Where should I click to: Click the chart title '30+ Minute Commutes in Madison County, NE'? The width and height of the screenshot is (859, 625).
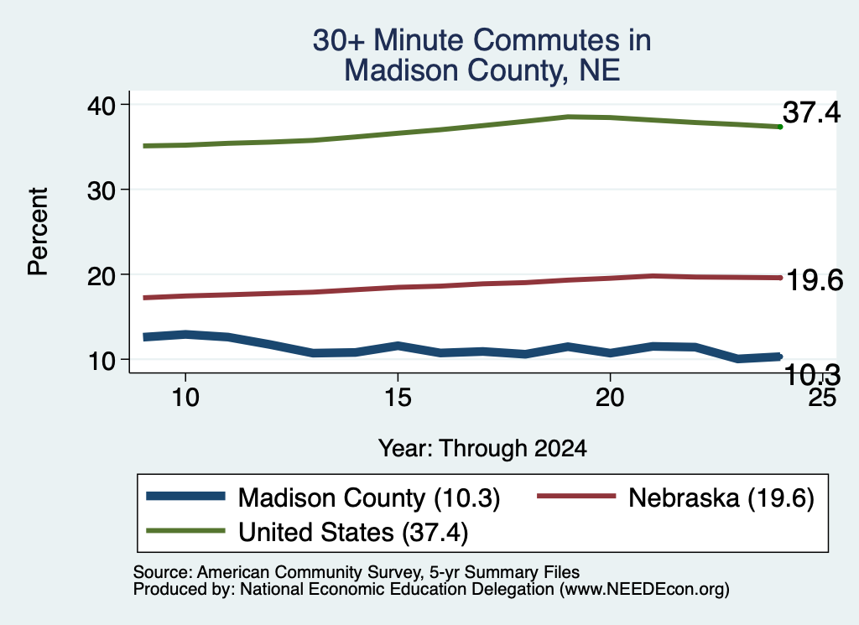point(482,55)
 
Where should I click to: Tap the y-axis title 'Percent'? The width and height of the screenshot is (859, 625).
point(38,232)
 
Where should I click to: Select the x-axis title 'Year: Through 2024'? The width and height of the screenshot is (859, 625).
point(482,449)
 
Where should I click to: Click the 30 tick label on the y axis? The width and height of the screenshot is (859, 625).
point(102,190)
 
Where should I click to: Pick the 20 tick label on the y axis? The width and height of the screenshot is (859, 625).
point(102,275)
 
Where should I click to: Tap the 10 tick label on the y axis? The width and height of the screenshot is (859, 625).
point(102,361)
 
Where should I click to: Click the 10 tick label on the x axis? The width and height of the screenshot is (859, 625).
point(185,397)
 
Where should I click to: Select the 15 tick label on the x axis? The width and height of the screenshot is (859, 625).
point(398,397)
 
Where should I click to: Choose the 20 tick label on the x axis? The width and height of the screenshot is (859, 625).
point(610,397)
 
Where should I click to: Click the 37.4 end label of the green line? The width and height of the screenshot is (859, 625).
point(811,112)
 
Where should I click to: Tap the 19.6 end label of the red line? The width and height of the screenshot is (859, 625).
point(815,280)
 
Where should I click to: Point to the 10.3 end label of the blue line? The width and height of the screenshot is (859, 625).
point(812,375)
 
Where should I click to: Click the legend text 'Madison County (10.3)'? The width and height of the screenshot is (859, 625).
point(369,498)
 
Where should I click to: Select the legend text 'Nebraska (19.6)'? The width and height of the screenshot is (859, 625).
point(721,498)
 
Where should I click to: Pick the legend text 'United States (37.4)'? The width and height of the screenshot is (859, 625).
point(353,533)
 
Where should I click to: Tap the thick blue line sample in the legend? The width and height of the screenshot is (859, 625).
point(185,497)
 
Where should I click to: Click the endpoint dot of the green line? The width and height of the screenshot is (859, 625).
point(780,127)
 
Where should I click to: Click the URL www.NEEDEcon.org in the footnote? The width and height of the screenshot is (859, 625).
point(644,590)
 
